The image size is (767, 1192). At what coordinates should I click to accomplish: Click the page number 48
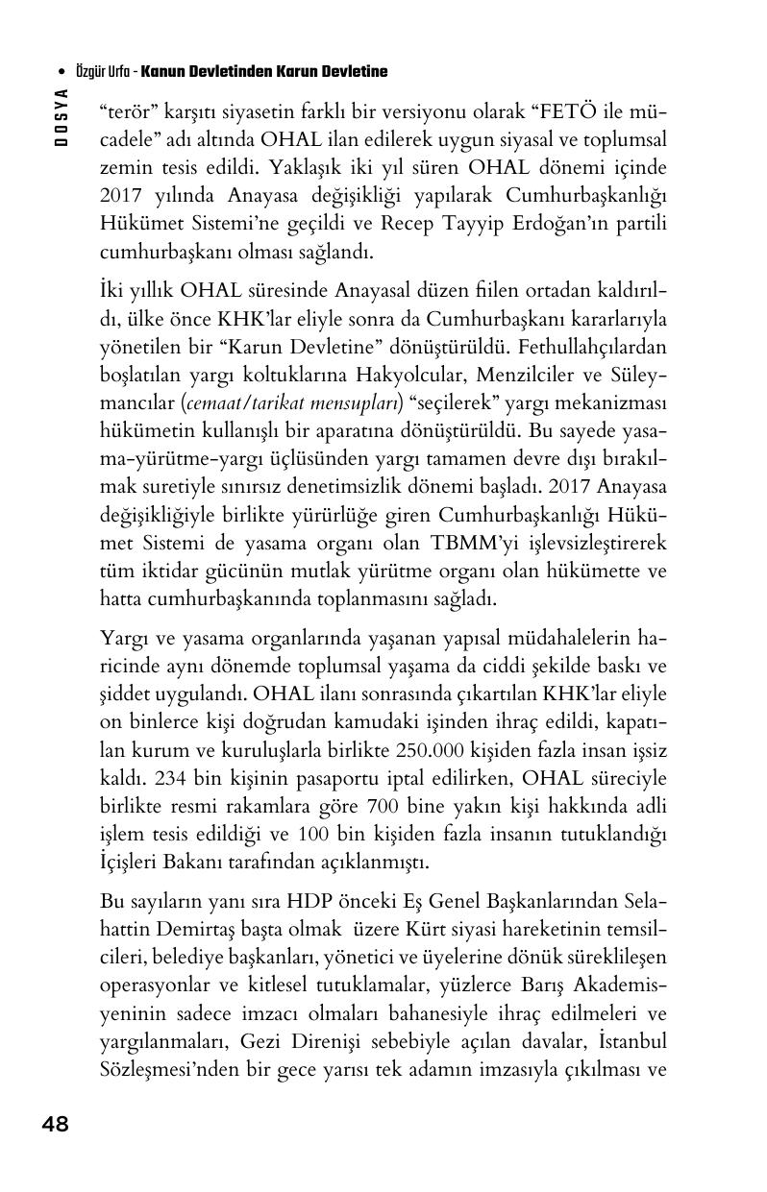pyautogui.click(x=55, y=1124)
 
